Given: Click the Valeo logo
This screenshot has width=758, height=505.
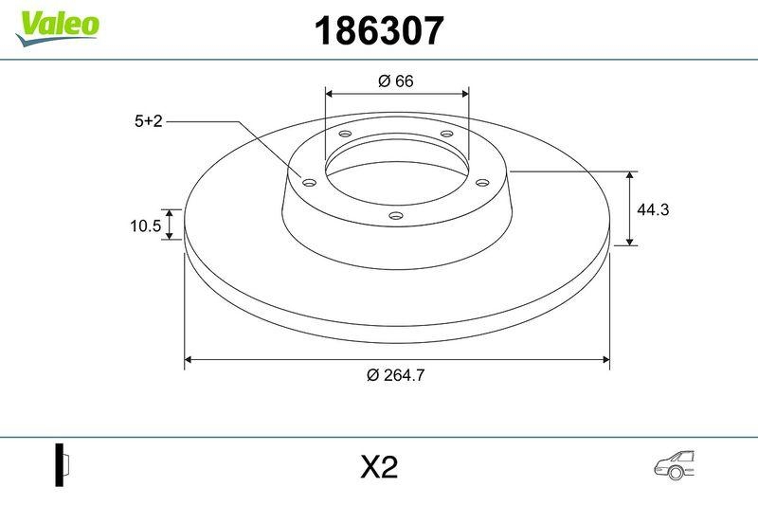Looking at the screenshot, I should [57, 26].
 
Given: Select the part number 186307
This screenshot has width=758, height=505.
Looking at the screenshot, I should [379, 32].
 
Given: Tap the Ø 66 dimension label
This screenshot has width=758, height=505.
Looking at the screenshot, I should [396, 81].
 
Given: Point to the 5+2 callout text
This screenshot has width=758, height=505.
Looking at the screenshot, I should [149, 121].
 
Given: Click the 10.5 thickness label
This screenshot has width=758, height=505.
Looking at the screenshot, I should [145, 225].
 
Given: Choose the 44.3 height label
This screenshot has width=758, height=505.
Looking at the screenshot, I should [653, 210].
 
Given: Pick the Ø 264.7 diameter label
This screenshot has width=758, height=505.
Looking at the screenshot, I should [395, 374].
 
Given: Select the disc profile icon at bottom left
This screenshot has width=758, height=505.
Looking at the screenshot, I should [63, 464].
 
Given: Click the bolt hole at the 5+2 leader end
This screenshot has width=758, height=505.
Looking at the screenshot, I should [309, 182].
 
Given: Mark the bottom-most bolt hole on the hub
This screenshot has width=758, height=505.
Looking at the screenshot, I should [396, 218].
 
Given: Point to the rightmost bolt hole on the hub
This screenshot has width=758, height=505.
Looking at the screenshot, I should [481, 182].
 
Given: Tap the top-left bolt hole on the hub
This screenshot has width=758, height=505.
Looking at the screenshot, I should [344, 135].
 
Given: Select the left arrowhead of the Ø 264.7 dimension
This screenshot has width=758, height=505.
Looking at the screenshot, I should [189, 359].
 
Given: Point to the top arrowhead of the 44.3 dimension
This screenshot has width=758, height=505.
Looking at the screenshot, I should [631, 176].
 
